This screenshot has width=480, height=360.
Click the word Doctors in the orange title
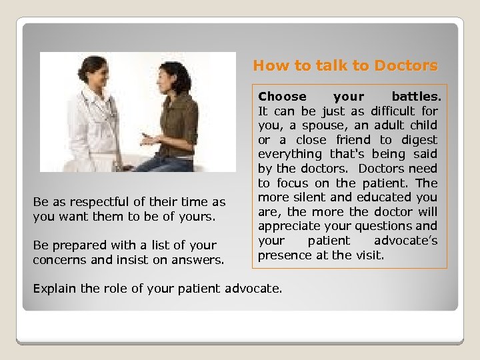[x=405, y=66]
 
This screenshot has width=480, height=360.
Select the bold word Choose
[x=282, y=97]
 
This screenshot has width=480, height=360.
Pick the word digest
[x=418, y=140]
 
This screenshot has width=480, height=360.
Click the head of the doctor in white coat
[x=93, y=69]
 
